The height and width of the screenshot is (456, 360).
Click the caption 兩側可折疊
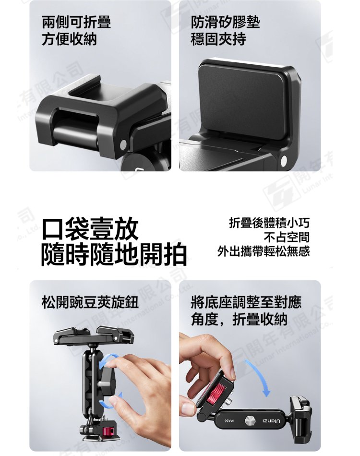pos(76,23)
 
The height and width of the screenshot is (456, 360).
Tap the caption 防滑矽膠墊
pos(225,23)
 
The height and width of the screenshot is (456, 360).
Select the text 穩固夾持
pos(218,39)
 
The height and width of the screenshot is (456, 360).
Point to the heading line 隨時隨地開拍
pos(114,254)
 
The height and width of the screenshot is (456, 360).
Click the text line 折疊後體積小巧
pos(269,223)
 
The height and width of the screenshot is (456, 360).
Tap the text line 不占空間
pos(287,237)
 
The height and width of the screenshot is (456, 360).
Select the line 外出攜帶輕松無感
pos(264,251)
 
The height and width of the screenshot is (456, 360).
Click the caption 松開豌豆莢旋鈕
pos(90,302)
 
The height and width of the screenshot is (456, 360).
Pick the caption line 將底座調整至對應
pos(246,302)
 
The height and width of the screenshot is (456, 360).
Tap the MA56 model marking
pos(229,421)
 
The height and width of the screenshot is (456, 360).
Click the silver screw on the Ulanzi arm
pos(250,420)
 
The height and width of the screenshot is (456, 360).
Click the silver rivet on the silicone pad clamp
pos(284,161)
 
